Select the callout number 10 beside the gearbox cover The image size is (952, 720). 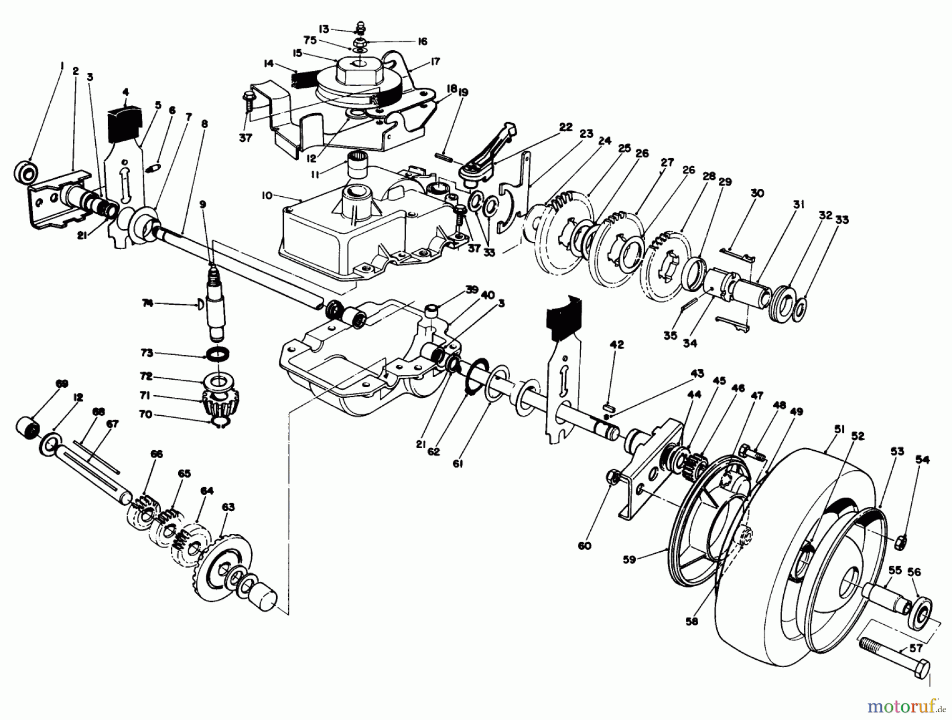coord(267,196)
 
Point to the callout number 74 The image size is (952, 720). coord(148,303)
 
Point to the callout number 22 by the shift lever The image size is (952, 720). coord(565,127)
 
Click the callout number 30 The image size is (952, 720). coord(757,194)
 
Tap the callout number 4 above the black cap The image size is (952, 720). coord(125,92)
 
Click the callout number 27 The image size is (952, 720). coord(667,162)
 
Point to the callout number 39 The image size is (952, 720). coord(472,289)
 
